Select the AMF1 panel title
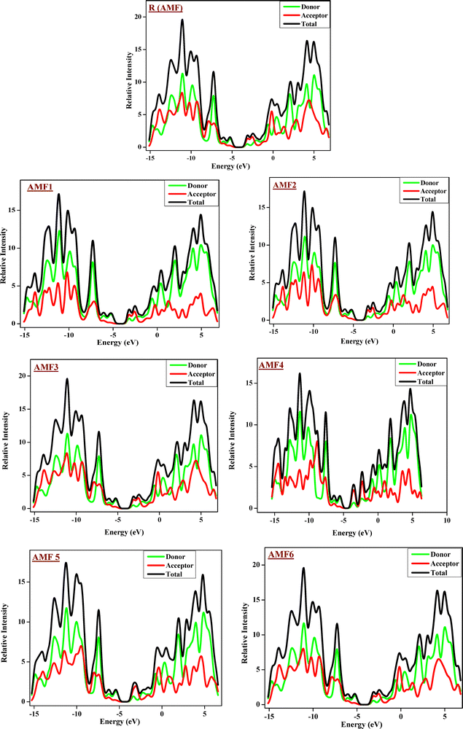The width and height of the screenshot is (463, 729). point(40,187)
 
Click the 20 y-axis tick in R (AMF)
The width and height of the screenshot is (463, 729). point(141,17)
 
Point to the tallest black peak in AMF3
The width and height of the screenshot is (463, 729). point(67,378)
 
